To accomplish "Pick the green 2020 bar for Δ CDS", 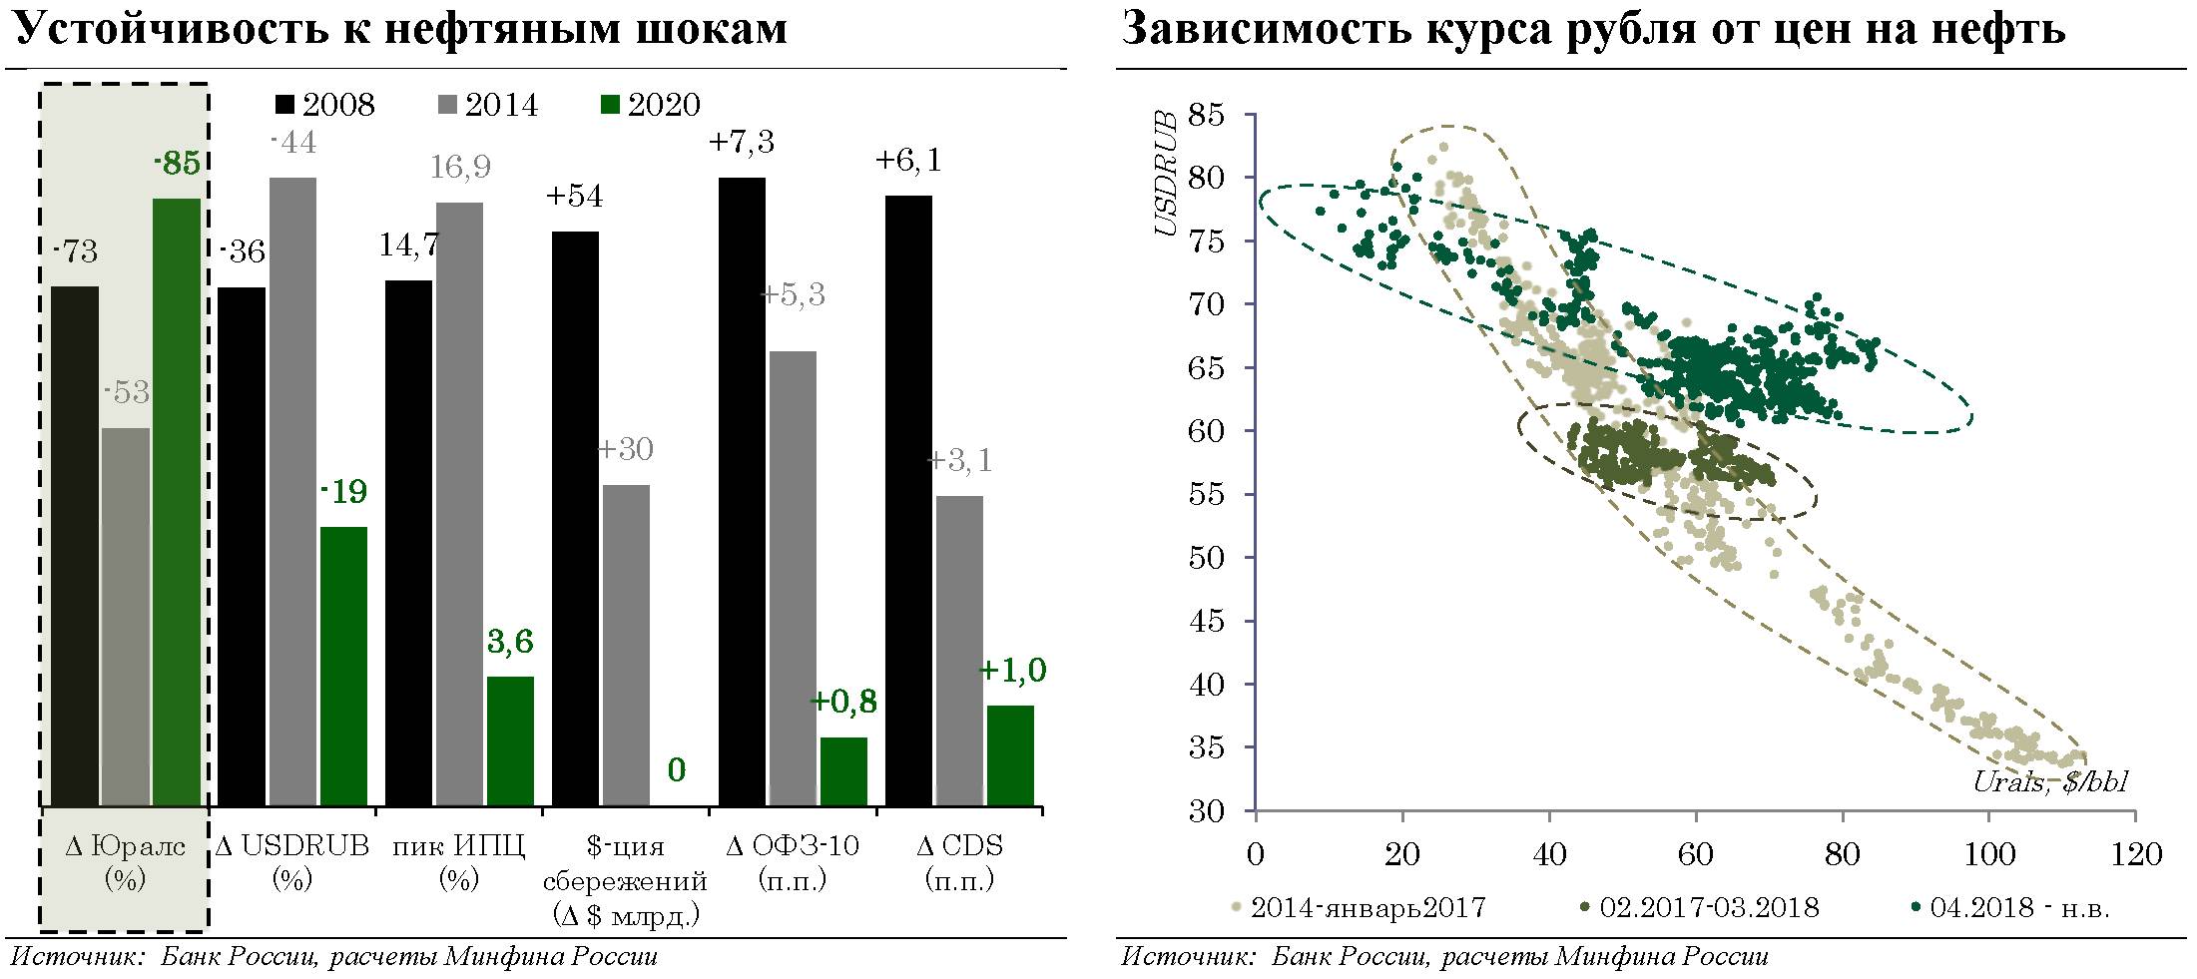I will [x=1010, y=754].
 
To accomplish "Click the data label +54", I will [x=574, y=197].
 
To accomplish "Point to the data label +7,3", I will [x=742, y=143].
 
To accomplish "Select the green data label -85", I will [x=177, y=164].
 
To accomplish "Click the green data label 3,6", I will [x=509, y=643].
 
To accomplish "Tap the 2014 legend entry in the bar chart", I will [x=488, y=105].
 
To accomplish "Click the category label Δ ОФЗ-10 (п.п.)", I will [x=793, y=863].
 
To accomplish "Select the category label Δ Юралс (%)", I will [x=125, y=863].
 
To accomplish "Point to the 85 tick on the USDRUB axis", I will [x=1206, y=115].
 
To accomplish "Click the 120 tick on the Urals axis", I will [x=2134, y=855].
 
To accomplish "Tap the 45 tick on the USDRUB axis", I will [x=1206, y=622].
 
